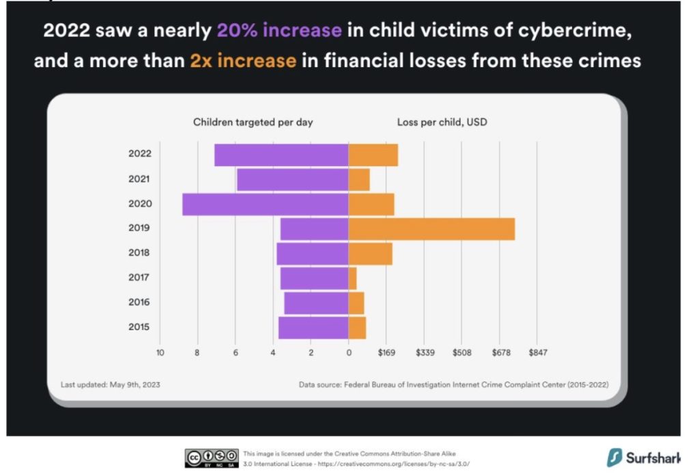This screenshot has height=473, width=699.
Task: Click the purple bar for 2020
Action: (x=266, y=204)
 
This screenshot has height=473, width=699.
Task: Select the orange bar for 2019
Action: (x=431, y=229)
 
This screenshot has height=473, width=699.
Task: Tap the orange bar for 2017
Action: (x=353, y=278)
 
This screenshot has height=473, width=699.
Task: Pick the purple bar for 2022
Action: (x=281, y=154)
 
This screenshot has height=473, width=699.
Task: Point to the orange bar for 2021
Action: (x=359, y=180)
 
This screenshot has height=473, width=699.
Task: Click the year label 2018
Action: (x=140, y=253)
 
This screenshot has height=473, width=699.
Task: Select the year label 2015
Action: (x=140, y=327)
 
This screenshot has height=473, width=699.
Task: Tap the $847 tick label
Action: (x=537, y=353)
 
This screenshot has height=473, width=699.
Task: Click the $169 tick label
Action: (x=386, y=353)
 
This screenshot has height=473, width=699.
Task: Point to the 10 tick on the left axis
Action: (x=160, y=353)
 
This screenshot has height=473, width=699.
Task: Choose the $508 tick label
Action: (x=462, y=353)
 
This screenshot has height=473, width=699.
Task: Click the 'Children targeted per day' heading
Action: (x=253, y=122)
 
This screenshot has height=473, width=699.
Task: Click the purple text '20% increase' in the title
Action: (x=279, y=30)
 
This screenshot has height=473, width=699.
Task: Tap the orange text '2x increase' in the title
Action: (x=243, y=60)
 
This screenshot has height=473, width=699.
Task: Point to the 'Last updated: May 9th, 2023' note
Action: (x=111, y=385)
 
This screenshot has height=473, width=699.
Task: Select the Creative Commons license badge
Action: (x=212, y=458)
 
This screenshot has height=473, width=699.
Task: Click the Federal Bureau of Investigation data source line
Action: (x=453, y=385)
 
